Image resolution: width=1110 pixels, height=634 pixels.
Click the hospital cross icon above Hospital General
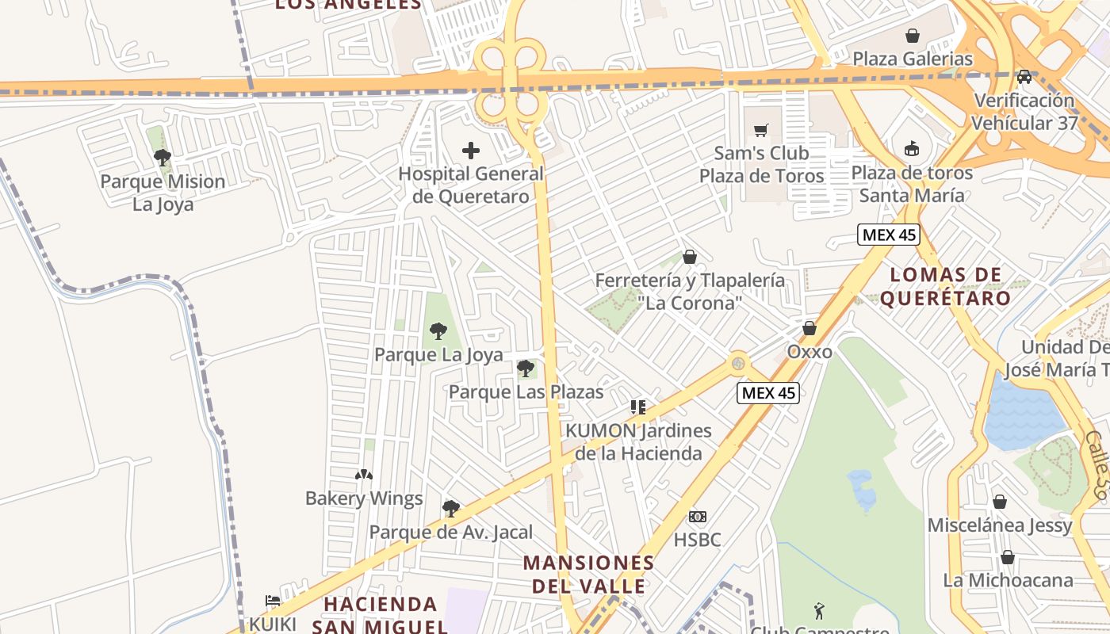(x=471, y=150)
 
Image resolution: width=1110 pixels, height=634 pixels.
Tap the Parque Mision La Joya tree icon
(x=163, y=157)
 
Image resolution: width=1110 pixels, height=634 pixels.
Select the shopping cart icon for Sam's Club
(x=761, y=130)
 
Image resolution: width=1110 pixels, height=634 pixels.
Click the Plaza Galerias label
(x=912, y=59)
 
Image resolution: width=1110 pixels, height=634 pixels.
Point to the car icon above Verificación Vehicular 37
(x=1024, y=77)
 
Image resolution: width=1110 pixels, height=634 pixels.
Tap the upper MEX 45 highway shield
(x=890, y=235)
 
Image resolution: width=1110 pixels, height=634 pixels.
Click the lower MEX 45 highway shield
(x=767, y=392)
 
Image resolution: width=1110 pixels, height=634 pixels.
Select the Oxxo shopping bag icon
(x=810, y=328)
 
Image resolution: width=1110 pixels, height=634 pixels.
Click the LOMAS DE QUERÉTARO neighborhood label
(x=945, y=287)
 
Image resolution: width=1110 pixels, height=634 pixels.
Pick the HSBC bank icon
(x=697, y=517)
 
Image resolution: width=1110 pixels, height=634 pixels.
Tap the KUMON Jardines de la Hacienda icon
(x=638, y=407)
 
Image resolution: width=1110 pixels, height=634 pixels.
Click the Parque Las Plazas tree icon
(x=526, y=368)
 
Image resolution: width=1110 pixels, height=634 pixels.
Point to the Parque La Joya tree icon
(x=438, y=331)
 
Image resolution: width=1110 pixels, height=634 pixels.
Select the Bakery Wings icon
(x=364, y=475)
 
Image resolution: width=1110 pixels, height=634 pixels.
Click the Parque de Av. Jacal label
(x=451, y=532)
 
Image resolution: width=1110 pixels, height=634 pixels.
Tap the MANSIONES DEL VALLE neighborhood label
(x=588, y=575)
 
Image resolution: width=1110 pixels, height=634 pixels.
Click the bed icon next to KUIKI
(x=273, y=601)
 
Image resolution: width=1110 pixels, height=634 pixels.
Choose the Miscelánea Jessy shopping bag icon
(x=1000, y=502)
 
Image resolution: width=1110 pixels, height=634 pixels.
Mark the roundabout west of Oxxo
(x=739, y=363)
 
